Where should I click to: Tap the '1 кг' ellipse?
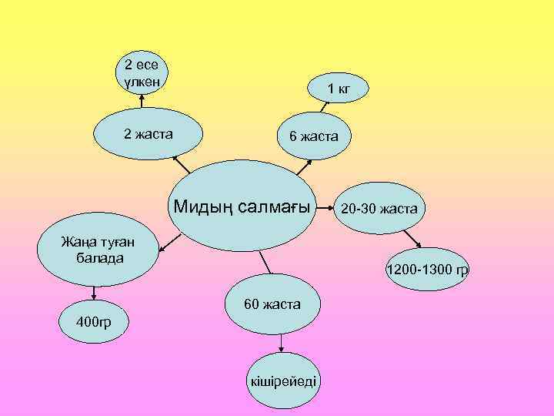point(339,88)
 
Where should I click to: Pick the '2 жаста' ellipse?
point(148,135)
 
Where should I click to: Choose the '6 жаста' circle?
point(313,136)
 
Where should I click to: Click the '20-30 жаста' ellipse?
point(379,208)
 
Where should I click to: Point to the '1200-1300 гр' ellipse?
point(427,270)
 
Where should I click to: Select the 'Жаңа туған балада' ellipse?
point(95,250)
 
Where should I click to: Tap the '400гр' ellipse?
point(93,320)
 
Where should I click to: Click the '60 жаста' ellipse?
point(272,305)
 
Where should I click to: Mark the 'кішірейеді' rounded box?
point(283,382)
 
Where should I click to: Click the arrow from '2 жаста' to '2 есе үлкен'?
point(142,104)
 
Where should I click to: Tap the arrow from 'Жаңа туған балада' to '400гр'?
point(94,292)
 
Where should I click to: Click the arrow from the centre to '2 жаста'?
point(182,163)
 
